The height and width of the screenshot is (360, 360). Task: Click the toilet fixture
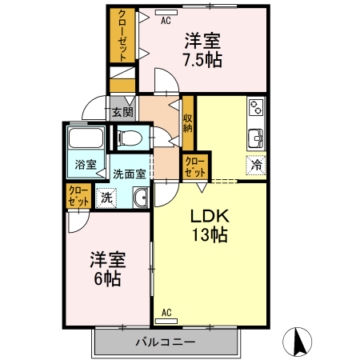coord(130,138)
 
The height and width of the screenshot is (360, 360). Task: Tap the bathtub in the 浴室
coord(86,138)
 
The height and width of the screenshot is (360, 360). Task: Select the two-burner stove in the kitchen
coord(256,107)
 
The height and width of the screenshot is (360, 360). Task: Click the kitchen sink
coord(256,138)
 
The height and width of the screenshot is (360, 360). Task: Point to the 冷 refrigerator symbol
coord(256,166)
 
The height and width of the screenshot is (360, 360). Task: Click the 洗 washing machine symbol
coord(106,198)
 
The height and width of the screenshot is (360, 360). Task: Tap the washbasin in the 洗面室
coord(141,198)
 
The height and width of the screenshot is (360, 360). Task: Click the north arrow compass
coord(297,342)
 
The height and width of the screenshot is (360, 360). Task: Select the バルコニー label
coord(166,342)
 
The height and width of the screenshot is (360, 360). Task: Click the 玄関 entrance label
coord(122,112)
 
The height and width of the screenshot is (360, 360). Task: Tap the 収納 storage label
coord(188,123)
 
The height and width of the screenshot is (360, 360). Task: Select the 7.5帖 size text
coord(202,60)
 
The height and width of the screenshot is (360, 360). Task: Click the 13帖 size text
coord(210,235)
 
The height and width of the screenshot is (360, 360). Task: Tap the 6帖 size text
coord(107,279)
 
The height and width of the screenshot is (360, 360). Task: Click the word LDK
coord(210,216)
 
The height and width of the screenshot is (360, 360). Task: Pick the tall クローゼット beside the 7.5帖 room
coord(122,35)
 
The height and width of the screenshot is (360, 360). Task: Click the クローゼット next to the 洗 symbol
coord(78,196)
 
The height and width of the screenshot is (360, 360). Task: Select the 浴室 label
coord(86,165)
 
